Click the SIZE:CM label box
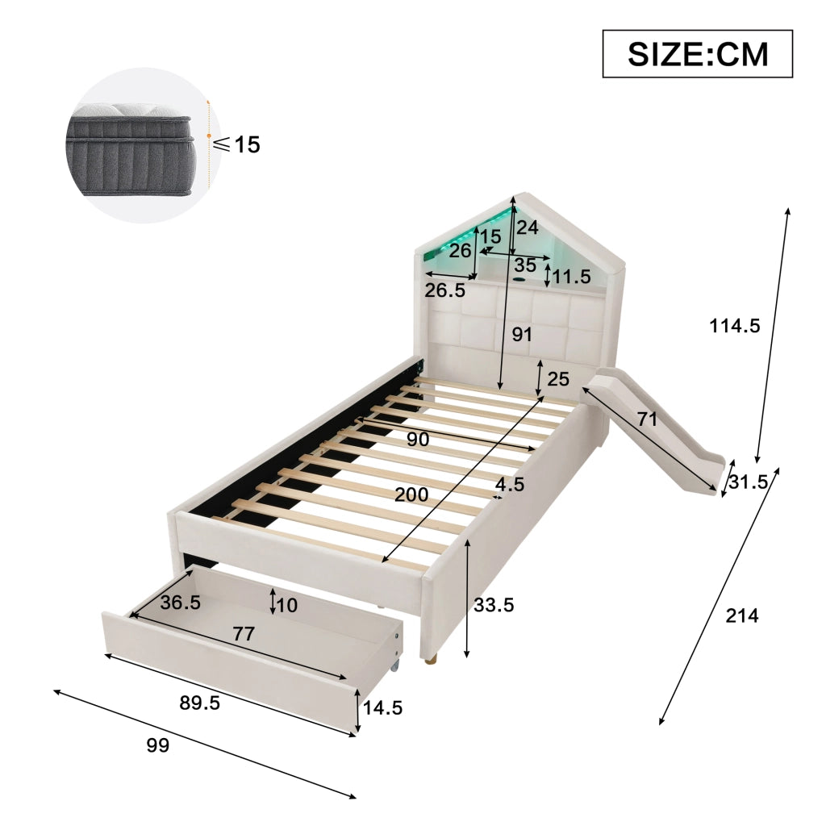[697, 54]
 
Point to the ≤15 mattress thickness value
[238, 144]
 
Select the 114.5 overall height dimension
[734, 326]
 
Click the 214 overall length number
[742, 615]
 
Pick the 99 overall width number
[157, 745]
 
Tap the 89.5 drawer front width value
[200, 703]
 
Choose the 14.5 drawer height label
[382, 707]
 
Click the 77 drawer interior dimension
[244, 633]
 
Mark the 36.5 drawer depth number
[180, 602]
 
